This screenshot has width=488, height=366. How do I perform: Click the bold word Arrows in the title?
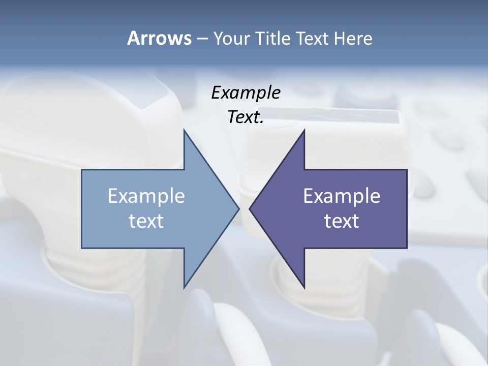point(159,38)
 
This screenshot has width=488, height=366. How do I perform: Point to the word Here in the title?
point(353,39)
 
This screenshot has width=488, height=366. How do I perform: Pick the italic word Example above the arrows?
point(246,93)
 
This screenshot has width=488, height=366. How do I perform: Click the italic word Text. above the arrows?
point(246,117)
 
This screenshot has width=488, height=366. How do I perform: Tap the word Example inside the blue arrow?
point(146,196)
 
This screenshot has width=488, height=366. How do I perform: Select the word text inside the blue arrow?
point(146,221)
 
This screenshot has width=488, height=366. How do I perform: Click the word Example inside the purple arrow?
point(342,196)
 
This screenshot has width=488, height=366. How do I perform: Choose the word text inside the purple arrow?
point(342,221)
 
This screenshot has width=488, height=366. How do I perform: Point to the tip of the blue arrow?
point(239,208)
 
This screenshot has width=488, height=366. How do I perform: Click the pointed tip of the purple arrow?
point(249,208)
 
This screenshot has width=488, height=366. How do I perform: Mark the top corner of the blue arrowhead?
point(184,130)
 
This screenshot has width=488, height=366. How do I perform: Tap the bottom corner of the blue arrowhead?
point(184,288)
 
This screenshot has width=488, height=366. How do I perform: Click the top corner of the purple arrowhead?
point(304,130)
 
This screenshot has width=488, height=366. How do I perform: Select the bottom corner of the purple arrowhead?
point(304,288)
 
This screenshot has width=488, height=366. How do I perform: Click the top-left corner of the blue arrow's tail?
point(82,170)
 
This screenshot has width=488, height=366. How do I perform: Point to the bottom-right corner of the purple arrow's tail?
point(407,248)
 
